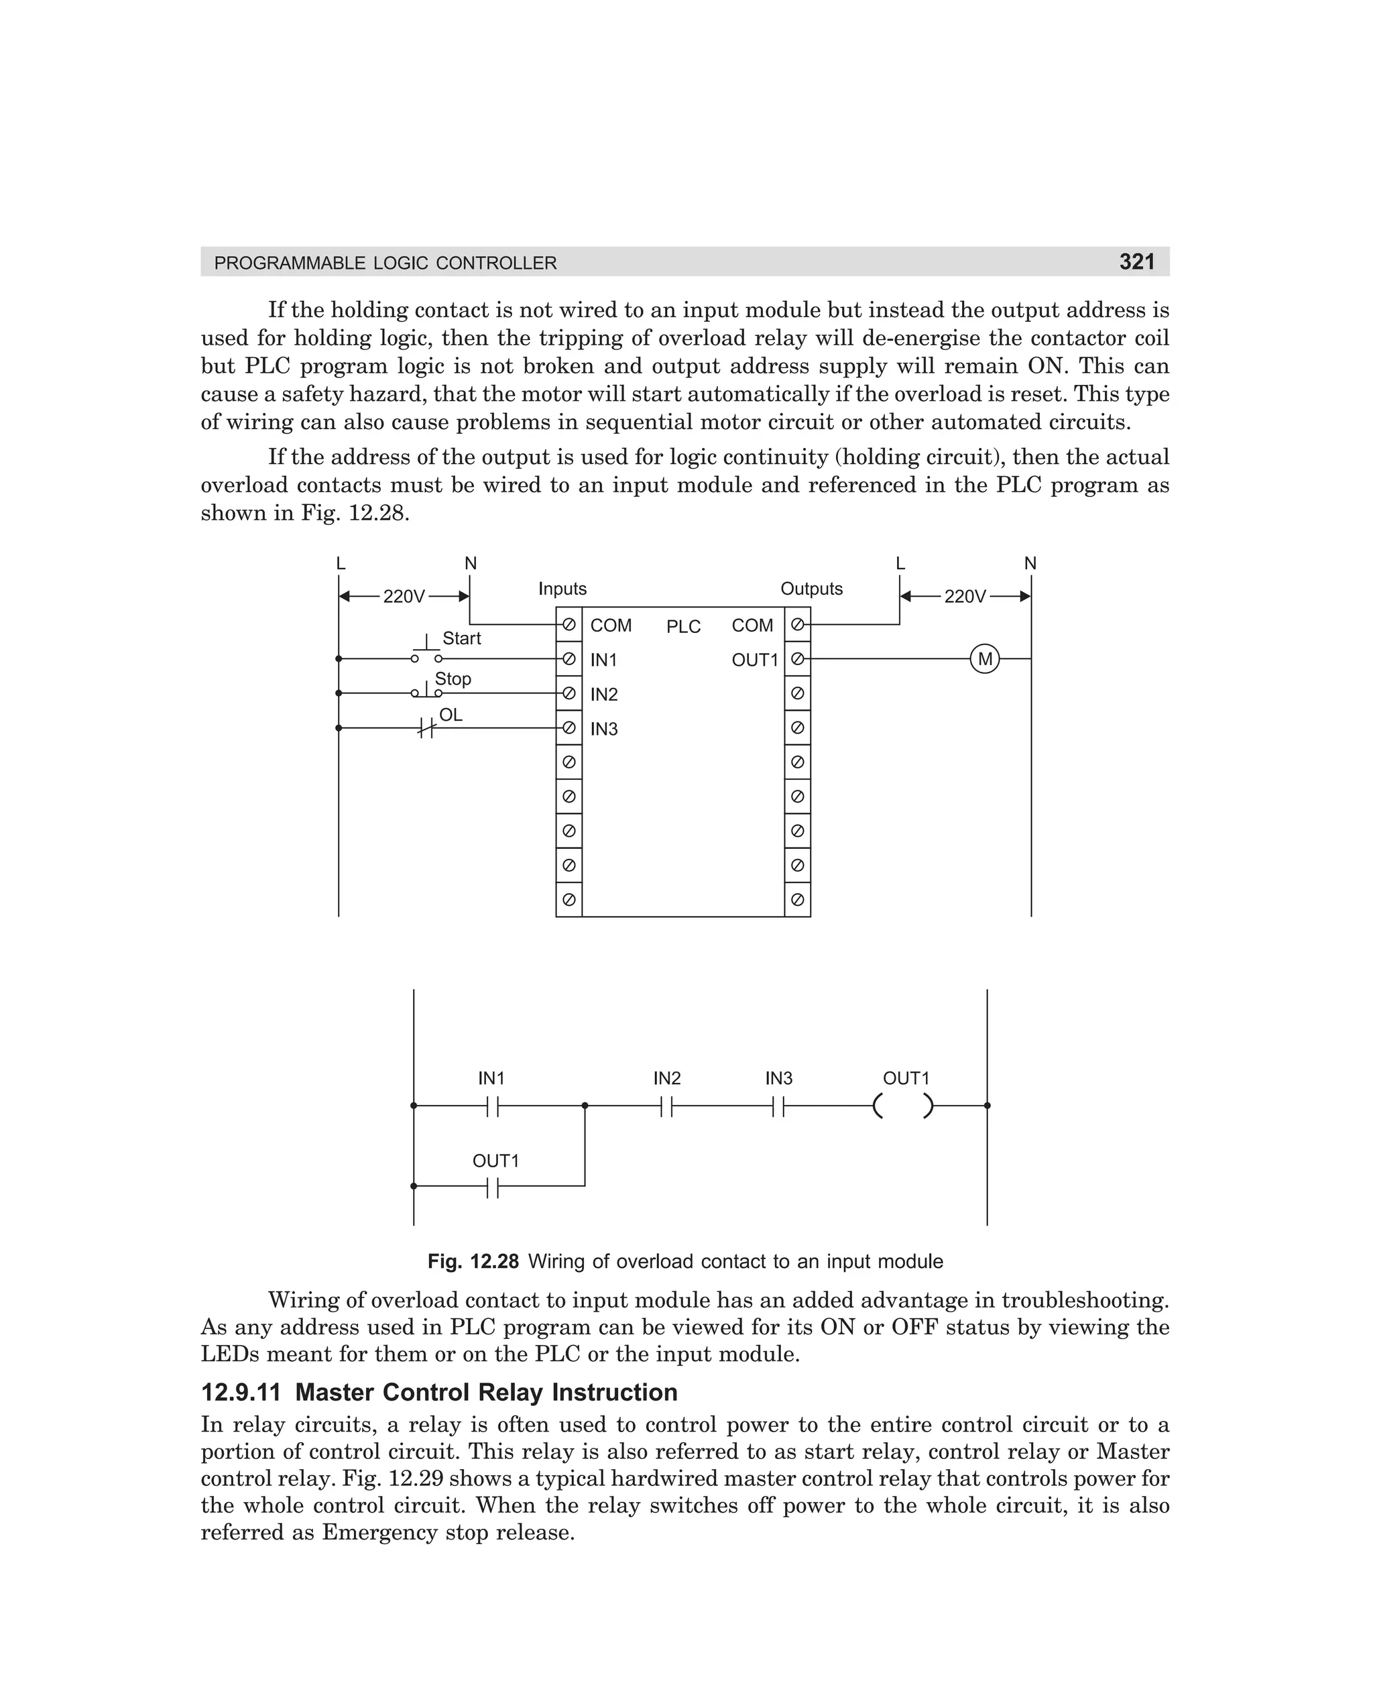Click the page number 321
[x=1136, y=261]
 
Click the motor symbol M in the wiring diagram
[x=985, y=659]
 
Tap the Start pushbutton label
[x=461, y=638]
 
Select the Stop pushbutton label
[x=453, y=679]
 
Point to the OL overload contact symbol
[x=426, y=728]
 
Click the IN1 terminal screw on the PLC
[x=569, y=659]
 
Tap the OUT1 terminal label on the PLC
[x=754, y=660]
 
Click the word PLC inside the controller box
[x=683, y=626]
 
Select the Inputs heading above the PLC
[x=562, y=589]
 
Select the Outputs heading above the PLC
[x=811, y=589]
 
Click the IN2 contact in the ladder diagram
[x=667, y=1106]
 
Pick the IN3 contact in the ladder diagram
[x=778, y=1106]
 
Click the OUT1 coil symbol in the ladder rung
[x=903, y=1106]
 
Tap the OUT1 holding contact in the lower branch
[x=493, y=1186]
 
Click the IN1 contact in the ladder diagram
[x=493, y=1106]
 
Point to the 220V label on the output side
[x=965, y=596]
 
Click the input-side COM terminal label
[x=611, y=626]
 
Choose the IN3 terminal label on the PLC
[x=603, y=730]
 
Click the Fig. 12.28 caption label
[x=473, y=1261]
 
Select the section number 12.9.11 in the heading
[x=241, y=1393]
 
